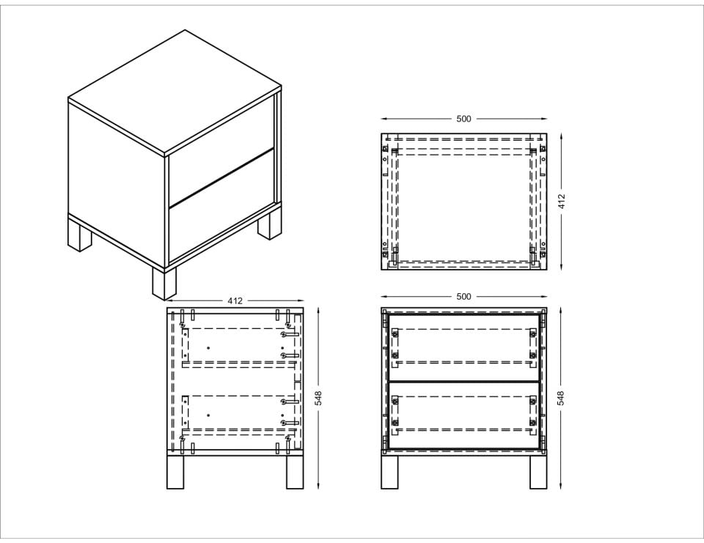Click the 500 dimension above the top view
tap(463, 119)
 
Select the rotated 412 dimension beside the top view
tap(561, 201)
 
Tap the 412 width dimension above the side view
tap(235, 300)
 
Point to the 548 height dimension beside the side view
tap(318, 398)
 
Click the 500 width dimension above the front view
tap(463, 297)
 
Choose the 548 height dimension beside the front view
tap(561, 398)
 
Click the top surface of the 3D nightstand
tap(175, 92)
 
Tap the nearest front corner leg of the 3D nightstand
tap(164, 284)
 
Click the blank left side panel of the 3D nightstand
tap(117, 180)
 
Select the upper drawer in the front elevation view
tap(463, 348)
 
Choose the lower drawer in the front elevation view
tap(463, 415)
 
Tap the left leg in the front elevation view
tap(389, 472)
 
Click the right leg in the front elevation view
tap(538, 472)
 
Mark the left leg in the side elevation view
tap(175, 472)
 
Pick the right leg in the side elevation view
tap(295, 472)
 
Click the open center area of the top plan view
tap(463, 207)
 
